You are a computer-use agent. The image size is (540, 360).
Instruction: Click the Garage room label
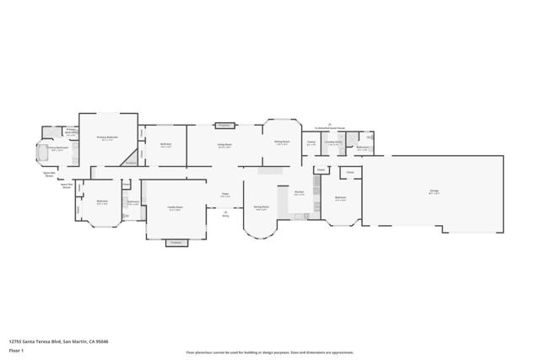(434, 191)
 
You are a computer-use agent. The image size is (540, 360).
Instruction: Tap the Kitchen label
(299, 192)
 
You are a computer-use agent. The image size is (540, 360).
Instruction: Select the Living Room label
(225, 145)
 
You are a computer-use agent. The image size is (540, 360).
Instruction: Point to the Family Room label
(175, 208)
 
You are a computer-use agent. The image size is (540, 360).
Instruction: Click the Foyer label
(225, 195)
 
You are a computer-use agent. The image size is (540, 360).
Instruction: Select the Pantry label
(311, 142)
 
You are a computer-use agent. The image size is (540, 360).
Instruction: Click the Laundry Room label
(333, 142)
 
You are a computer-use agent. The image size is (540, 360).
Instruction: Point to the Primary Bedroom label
(106, 137)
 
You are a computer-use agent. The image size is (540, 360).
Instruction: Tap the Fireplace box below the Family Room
(175, 243)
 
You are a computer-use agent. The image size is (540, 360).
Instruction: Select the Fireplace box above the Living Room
(224, 125)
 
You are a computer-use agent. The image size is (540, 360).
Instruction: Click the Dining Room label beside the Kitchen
(262, 207)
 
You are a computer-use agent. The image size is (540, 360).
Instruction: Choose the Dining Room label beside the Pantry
(281, 142)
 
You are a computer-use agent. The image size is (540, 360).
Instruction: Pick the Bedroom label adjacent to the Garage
(341, 199)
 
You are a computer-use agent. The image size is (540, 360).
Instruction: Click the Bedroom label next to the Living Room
(166, 145)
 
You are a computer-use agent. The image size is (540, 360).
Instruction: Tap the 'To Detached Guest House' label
(331, 128)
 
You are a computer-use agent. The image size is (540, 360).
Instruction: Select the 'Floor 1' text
(16, 349)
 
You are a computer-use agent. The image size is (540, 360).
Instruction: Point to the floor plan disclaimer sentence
(270, 352)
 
